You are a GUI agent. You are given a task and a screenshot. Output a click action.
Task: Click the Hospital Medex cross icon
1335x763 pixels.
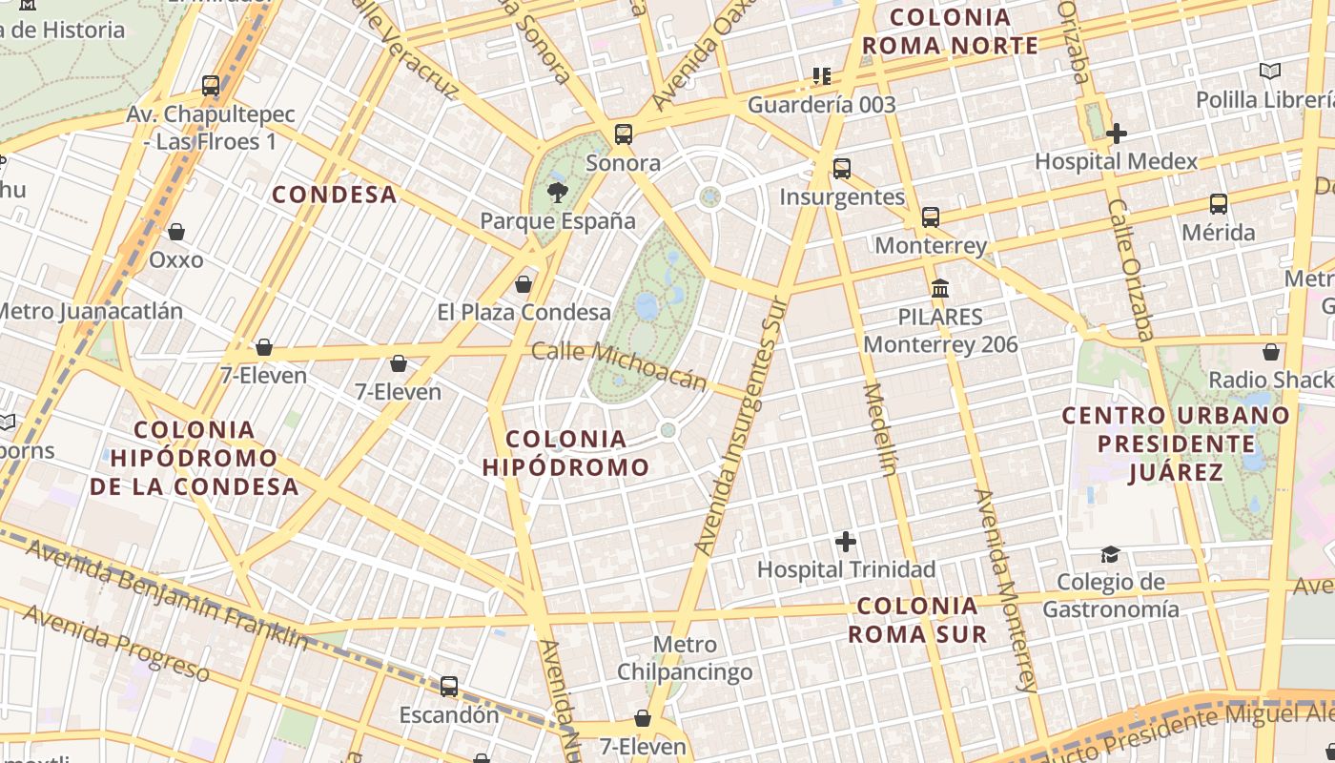tap(1116, 134)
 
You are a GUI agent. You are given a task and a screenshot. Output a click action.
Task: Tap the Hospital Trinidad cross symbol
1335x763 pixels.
tap(845, 542)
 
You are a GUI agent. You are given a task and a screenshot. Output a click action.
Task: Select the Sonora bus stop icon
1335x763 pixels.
tap(623, 134)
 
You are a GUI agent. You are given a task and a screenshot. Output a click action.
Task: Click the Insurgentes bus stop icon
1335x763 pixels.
tap(841, 169)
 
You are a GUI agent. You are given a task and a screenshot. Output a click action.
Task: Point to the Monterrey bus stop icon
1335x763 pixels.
tap(930, 217)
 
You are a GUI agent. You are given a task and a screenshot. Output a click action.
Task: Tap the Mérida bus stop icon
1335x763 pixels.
tap(1218, 203)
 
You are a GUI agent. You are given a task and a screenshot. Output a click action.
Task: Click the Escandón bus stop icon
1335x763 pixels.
tap(448, 686)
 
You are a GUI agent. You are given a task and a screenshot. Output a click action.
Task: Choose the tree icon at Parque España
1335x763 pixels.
tap(557, 193)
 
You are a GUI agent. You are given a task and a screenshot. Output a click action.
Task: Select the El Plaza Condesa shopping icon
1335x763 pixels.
tap(523, 284)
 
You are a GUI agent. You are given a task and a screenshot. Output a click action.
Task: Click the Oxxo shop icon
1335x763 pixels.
tap(175, 232)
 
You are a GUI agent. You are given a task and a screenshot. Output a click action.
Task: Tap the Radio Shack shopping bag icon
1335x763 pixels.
tap(1270, 352)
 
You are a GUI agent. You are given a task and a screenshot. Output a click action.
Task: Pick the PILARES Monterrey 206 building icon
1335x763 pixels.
tap(940, 288)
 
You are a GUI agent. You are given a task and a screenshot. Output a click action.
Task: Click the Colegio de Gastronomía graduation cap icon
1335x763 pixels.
tap(1110, 554)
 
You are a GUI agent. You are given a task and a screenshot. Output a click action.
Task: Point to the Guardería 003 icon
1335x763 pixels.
tap(821, 75)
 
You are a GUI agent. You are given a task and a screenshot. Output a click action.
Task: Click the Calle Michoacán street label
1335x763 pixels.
tap(619, 366)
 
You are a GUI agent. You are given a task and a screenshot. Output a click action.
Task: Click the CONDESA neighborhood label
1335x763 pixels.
tap(334, 195)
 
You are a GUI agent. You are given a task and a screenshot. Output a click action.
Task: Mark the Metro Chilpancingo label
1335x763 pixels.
tap(685, 659)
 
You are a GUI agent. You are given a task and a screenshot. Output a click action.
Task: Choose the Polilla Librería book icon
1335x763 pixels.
tap(1269, 71)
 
